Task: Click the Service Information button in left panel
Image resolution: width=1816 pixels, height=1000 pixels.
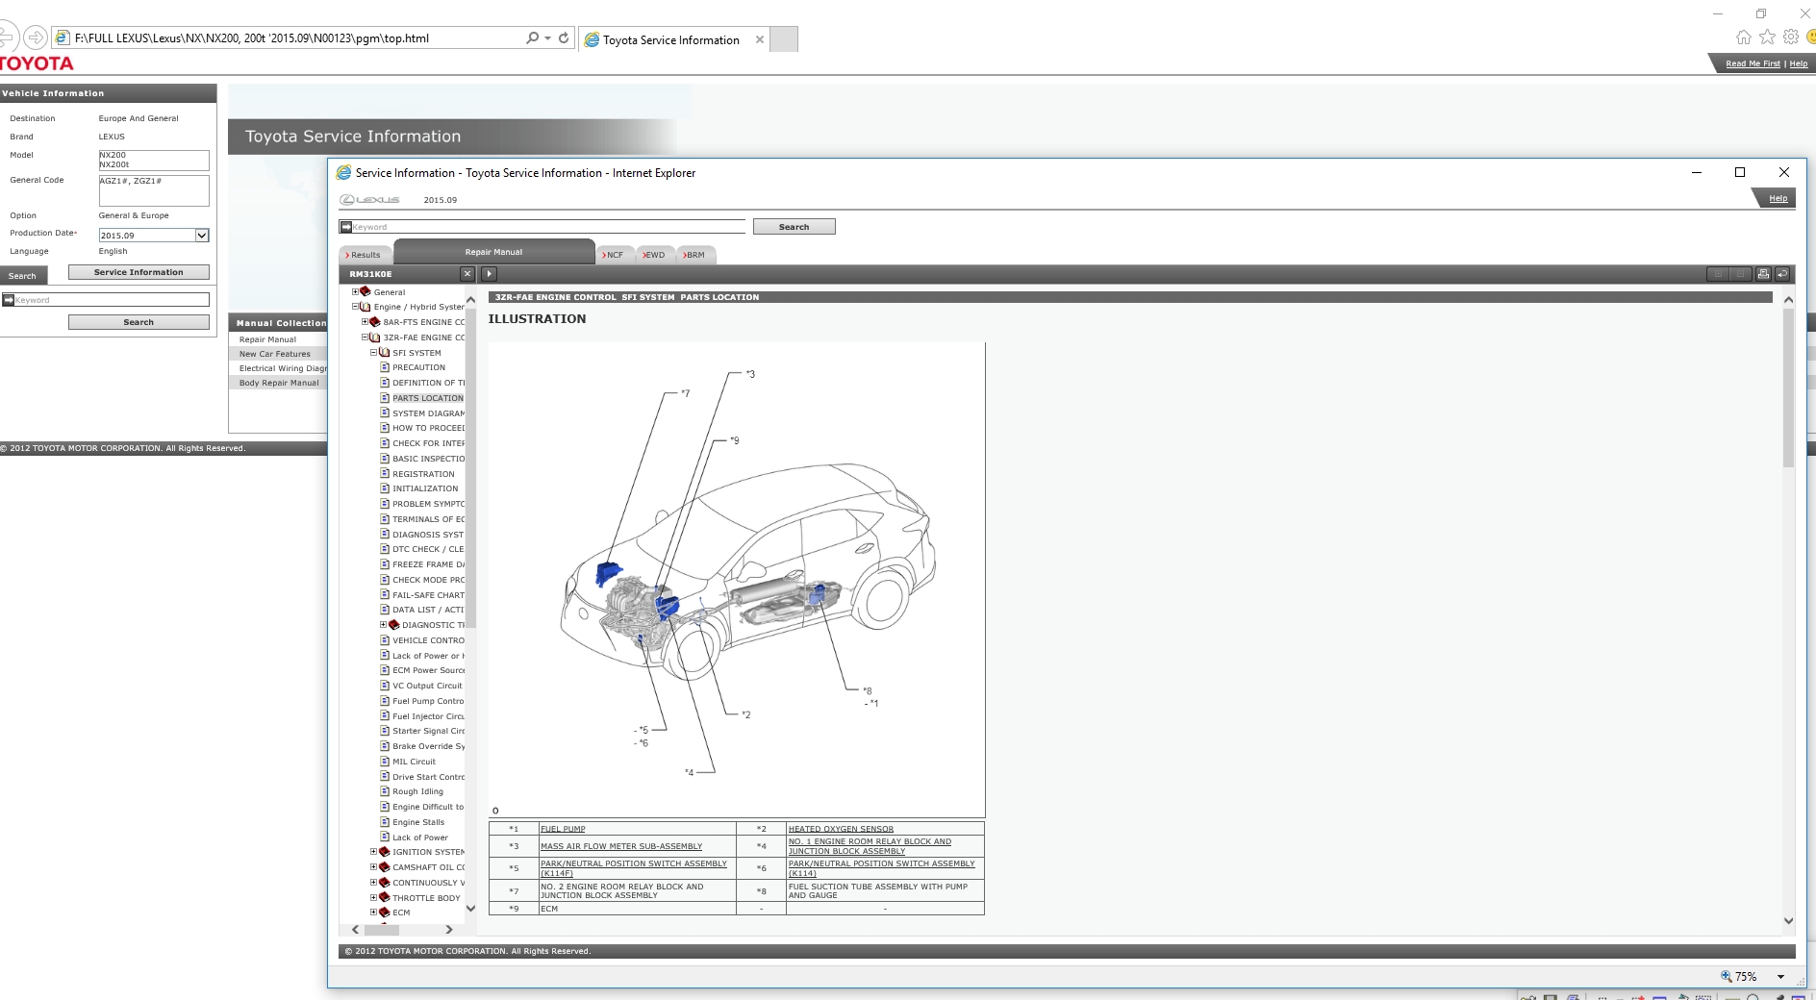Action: [139, 272]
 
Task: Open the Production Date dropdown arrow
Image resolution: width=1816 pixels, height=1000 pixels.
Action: [202, 236]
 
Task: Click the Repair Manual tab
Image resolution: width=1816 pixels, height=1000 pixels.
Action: [493, 252]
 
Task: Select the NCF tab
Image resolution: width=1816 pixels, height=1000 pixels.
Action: [614, 255]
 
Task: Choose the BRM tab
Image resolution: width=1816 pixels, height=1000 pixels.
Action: [694, 255]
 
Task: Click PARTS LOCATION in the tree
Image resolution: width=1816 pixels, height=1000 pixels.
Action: [427, 398]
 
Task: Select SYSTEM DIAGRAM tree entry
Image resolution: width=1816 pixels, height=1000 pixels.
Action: [427, 413]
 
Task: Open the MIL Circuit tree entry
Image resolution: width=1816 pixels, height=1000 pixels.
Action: [414, 762]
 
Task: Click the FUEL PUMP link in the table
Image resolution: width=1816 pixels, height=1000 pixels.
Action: [563, 829]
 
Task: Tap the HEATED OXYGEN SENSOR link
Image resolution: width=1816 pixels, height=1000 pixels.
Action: [841, 829]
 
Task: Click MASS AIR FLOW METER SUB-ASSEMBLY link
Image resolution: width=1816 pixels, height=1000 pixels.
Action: [621, 846]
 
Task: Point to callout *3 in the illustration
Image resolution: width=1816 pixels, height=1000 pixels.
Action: [750, 374]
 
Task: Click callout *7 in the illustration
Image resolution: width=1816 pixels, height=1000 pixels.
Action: [685, 393]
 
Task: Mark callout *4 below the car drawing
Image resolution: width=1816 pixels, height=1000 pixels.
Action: [689, 772]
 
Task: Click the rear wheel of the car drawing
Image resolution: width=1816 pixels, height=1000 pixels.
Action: [884, 598]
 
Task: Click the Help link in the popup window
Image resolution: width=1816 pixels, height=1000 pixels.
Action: [1778, 198]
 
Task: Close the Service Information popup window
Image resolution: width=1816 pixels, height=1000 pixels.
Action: [1783, 172]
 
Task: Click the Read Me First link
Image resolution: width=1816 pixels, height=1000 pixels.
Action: [1753, 63]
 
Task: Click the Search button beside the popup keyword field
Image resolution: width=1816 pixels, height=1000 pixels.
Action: [794, 227]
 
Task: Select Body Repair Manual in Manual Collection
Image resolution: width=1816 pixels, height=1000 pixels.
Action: [278, 383]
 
